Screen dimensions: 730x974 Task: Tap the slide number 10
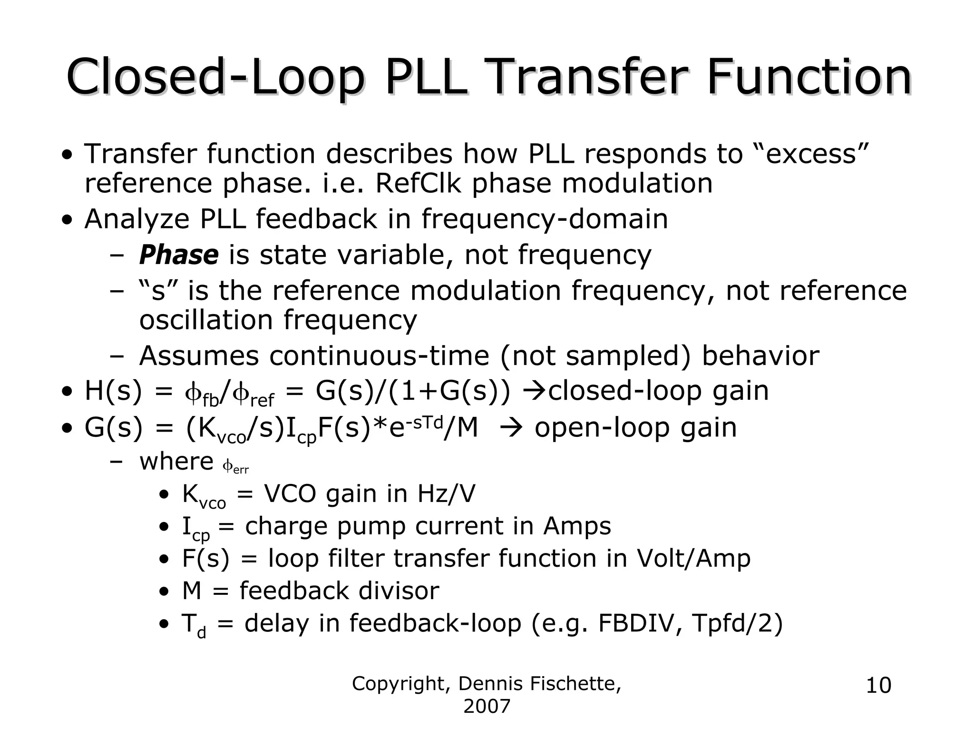878,686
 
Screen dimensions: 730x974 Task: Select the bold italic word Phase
179,255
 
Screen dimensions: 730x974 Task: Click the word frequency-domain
545,219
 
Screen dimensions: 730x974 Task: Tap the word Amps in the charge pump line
577,526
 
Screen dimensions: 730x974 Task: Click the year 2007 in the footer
487,707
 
